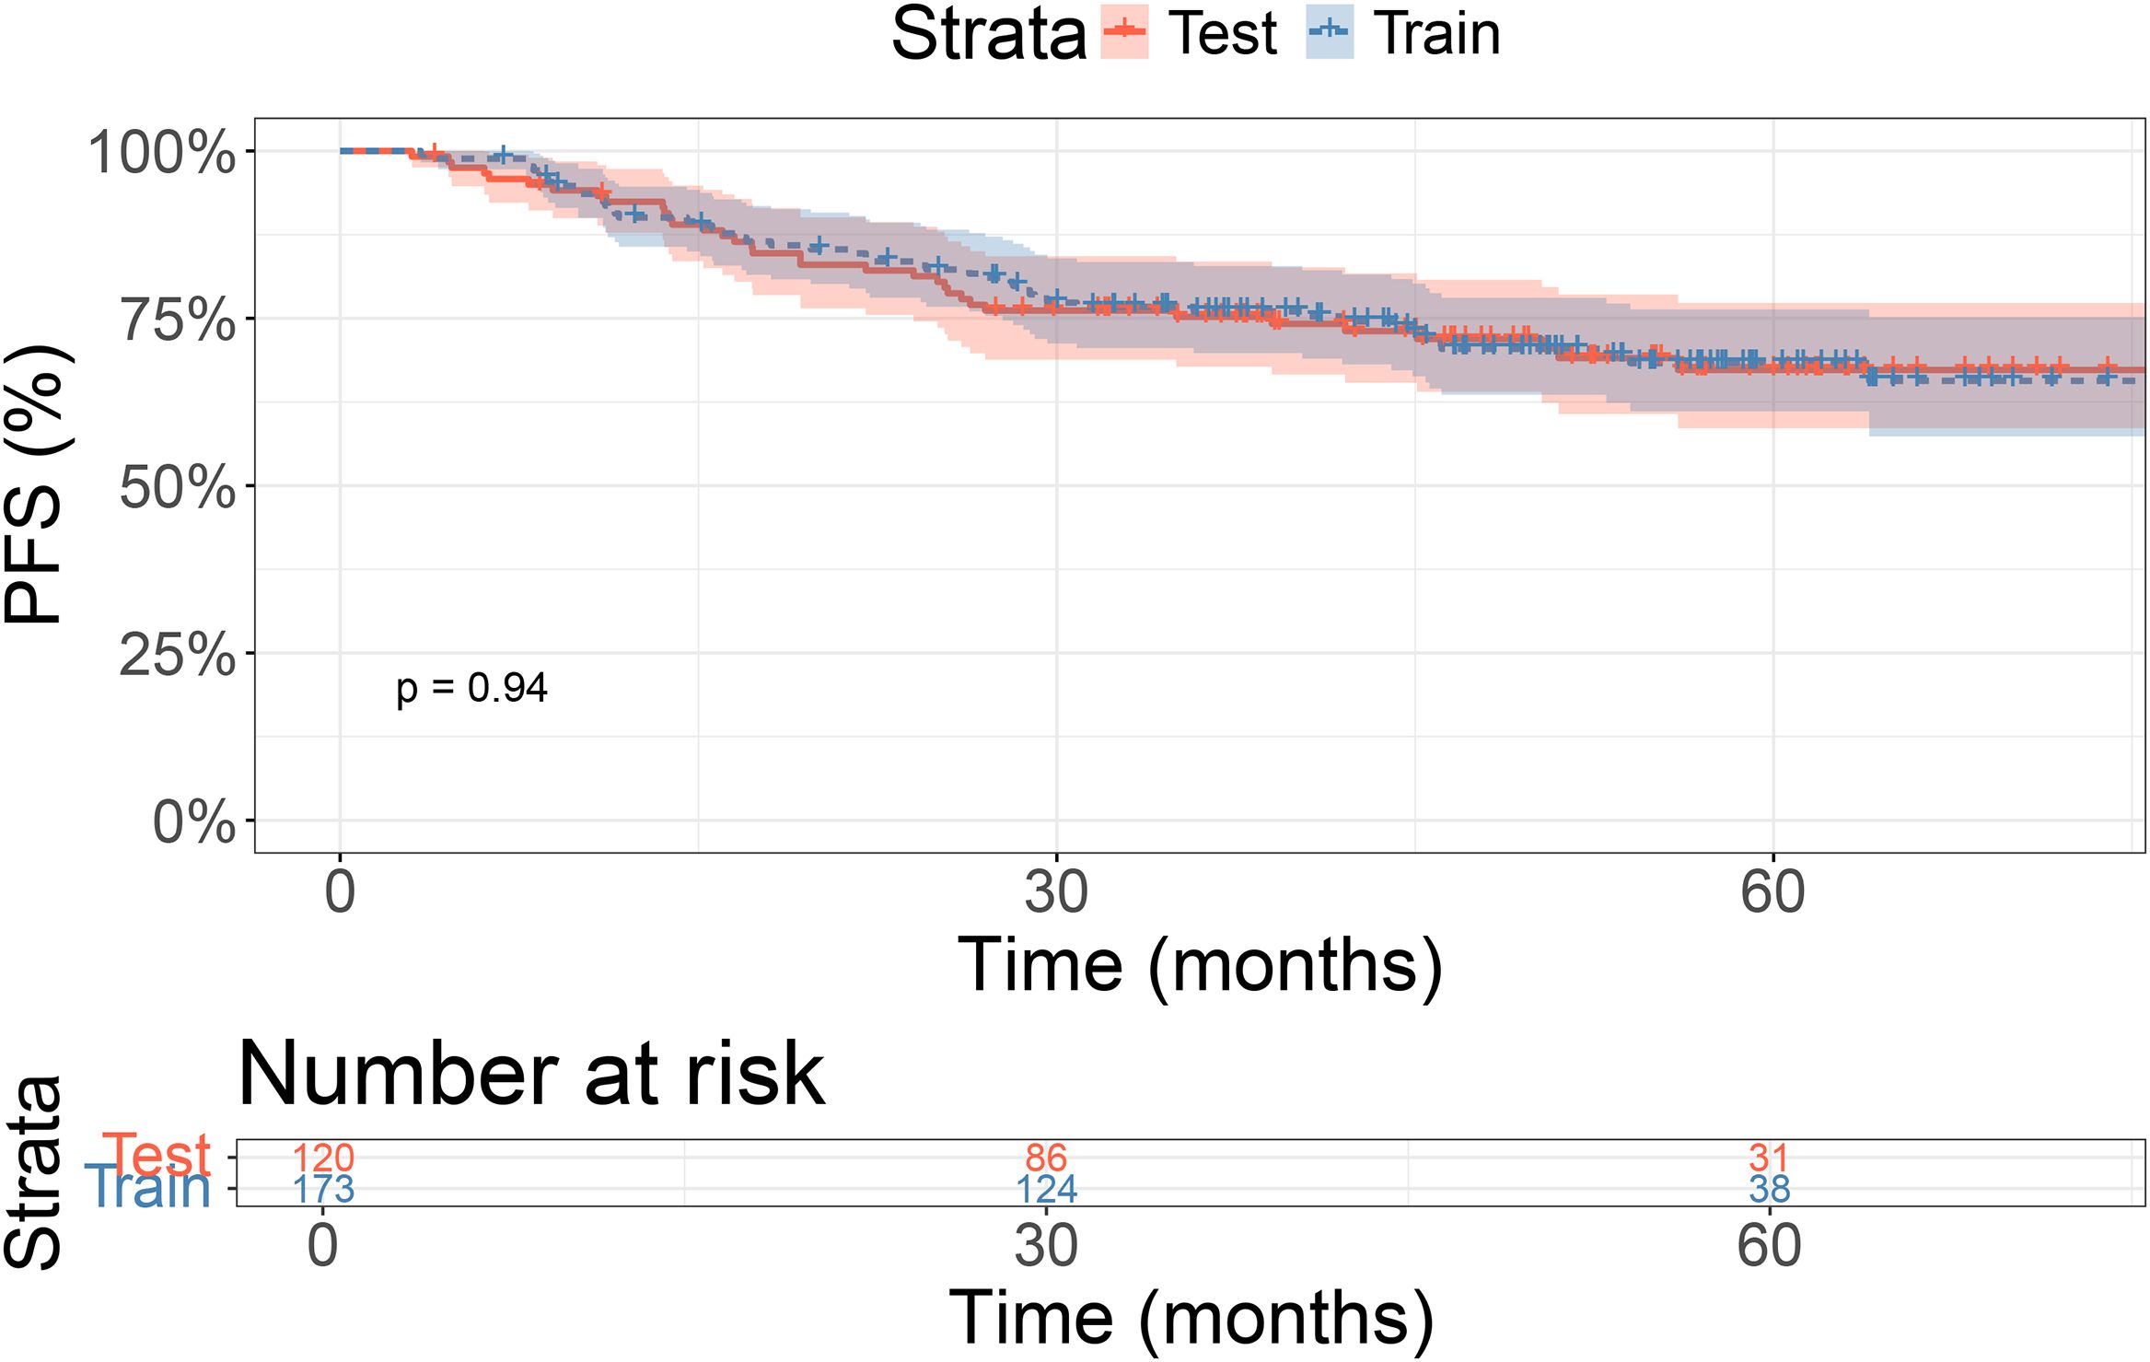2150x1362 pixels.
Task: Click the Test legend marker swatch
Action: pyautogui.click(x=1124, y=32)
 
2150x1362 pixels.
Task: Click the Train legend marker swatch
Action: pyautogui.click(x=1330, y=32)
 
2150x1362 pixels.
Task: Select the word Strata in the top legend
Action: pyautogui.click(x=989, y=35)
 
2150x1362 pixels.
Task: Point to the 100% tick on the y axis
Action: pyautogui.click(x=162, y=152)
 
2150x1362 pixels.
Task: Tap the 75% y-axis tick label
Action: pyautogui.click(x=178, y=320)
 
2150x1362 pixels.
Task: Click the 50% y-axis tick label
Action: pyautogui.click(x=178, y=487)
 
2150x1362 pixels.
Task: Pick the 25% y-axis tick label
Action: pyautogui.click(x=178, y=655)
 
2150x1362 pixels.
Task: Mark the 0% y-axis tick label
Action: pyautogui.click(x=193, y=822)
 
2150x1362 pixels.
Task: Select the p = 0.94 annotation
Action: pyautogui.click(x=471, y=688)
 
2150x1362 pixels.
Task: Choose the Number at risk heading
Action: pyautogui.click(x=530, y=1074)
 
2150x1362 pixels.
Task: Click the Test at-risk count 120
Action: pyautogui.click(x=323, y=1158)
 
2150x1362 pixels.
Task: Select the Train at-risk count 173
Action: pyautogui.click(x=323, y=1190)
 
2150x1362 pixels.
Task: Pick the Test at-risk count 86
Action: pyautogui.click(x=1046, y=1158)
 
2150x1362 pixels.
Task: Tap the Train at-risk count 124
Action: pyautogui.click(x=1046, y=1190)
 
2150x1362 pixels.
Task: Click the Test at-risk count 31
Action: pyautogui.click(x=1769, y=1158)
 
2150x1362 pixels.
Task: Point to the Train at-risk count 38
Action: pyautogui.click(x=1769, y=1190)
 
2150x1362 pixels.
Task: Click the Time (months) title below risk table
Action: pyautogui.click(x=1191, y=1319)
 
